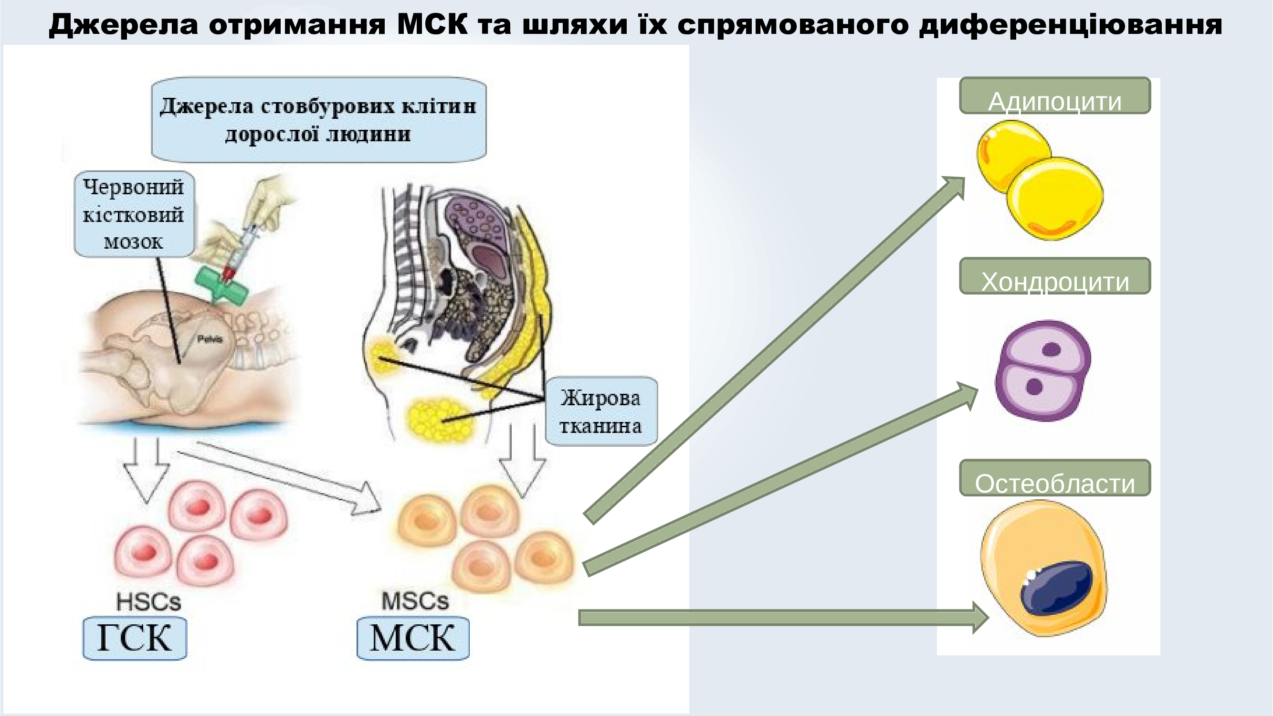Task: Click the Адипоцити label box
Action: point(1055,95)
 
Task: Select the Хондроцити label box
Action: point(1055,276)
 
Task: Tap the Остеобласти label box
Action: point(1055,478)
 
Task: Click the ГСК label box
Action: point(135,638)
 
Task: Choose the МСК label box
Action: point(413,638)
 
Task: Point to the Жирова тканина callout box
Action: point(601,411)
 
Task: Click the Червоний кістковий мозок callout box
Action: point(134,214)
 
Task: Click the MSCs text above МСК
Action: point(415,601)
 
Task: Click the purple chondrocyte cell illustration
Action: point(1043,370)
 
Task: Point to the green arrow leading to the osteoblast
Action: point(784,618)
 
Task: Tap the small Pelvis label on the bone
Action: point(210,339)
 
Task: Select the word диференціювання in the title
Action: point(1071,25)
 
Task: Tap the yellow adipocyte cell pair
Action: point(1040,180)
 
